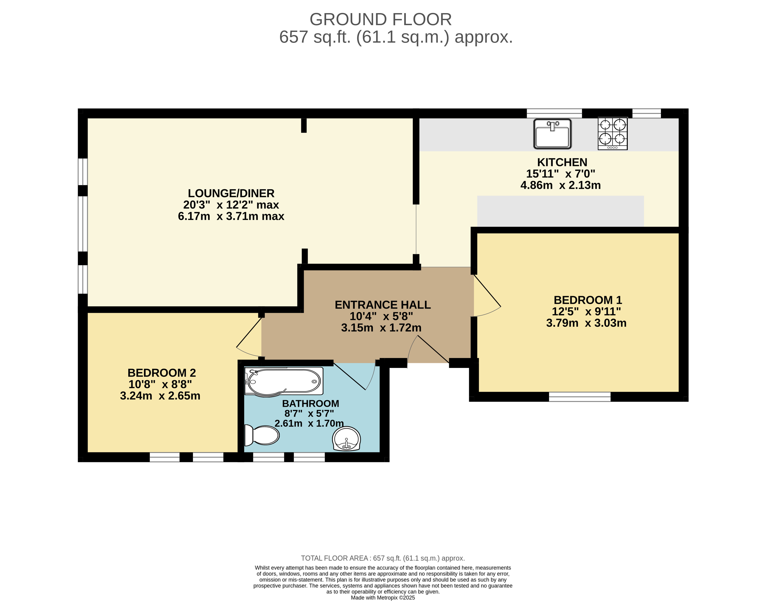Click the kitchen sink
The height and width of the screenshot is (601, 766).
pyautogui.click(x=552, y=134)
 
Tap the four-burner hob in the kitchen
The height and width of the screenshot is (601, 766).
pyautogui.click(x=613, y=133)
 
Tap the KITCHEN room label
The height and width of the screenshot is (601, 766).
pyautogui.click(x=562, y=162)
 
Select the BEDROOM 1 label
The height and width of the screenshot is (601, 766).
pyautogui.click(x=588, y=300)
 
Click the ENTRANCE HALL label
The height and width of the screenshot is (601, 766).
pyautogui.click(x=383, y=305)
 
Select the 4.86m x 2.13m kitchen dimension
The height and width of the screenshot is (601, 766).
pyautogui.click(x=560, y=185)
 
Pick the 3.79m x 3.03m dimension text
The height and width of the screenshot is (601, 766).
pyautogui.click(x=586, y=323)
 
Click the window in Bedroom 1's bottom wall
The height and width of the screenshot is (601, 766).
pyautogui.click(x=580, y=397)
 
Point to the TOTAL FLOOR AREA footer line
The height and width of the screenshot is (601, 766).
pyautogui.click(x=383, y=558)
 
